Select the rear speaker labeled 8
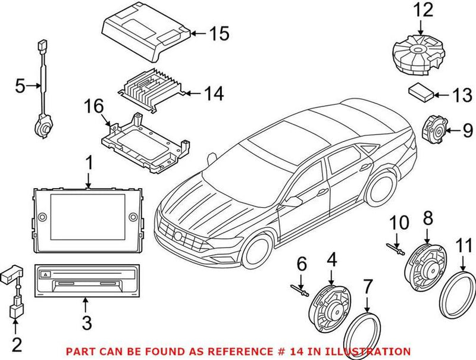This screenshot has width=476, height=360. (424, 266)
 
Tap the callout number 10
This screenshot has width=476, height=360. (399, 224)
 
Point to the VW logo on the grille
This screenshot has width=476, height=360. (178, 236)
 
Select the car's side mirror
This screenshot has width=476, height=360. (291, 202)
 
